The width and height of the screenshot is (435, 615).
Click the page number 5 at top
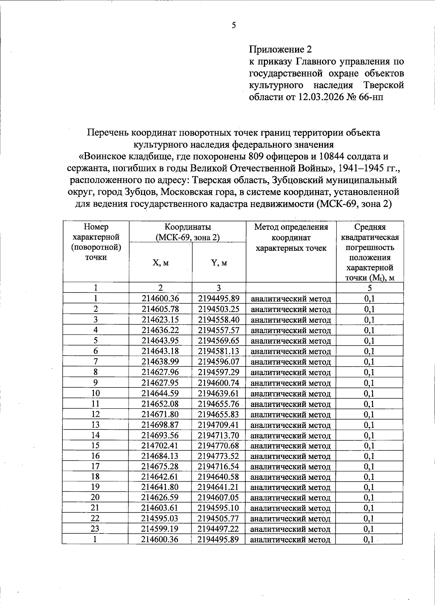pos(233,25)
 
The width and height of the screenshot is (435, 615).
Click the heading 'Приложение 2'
pos(281,49)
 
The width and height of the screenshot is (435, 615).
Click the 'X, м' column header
pos(161,263)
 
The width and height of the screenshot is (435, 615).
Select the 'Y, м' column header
pos(219,263)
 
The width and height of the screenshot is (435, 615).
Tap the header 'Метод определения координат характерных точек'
pos(291,237)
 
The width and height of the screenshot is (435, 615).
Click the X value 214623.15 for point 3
pos(160,320)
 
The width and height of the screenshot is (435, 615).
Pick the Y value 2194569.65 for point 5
pos(219,341)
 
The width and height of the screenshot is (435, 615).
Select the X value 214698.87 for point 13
pos(160,425)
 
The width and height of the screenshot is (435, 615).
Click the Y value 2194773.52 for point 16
pos(219,456)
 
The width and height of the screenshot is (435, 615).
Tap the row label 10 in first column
pos(96,393)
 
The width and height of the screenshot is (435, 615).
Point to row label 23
pos(95,529)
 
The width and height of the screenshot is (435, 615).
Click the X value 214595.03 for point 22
pos(160,518)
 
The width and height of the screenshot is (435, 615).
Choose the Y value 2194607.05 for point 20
pos(219,497)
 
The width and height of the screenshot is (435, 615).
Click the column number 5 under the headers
pos(369,288)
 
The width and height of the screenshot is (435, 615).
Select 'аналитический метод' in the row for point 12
pos(291,415)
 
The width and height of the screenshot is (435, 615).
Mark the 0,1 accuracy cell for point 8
pos(369,372)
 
